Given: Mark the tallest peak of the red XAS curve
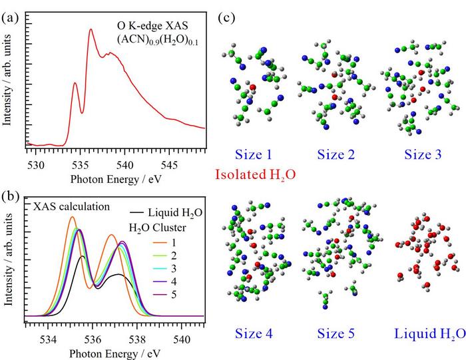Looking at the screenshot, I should pyautogui.click(x=91, y=30).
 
